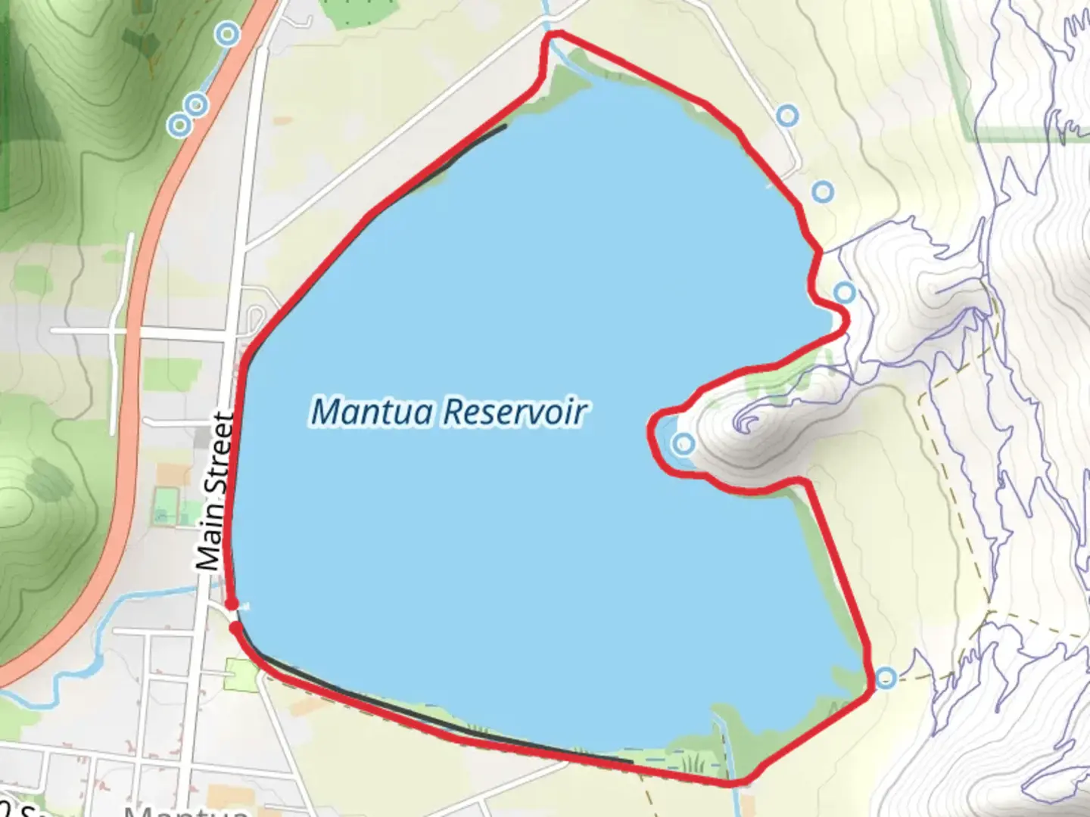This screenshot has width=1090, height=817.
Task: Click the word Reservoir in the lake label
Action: pos(515,412)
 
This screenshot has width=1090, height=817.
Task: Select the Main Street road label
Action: pos(215,492)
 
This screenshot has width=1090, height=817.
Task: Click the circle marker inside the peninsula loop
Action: pos(684,444)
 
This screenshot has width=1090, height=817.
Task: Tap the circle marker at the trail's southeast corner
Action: pos(886,678)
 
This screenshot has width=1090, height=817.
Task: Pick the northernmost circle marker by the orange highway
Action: pos(227,34)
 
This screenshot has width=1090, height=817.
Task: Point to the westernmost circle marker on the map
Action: pos(179,124)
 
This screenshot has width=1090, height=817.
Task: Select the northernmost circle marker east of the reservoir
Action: pos(788,116)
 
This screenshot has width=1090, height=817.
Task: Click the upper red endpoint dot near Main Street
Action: pos(232,604)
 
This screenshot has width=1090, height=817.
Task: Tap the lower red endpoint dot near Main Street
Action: pos(236,627)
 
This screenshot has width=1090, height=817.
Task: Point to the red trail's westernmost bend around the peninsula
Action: pos(652,439)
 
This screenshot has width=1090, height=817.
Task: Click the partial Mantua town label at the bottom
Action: pos(185,811)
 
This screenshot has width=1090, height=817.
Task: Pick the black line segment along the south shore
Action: pos(454,730)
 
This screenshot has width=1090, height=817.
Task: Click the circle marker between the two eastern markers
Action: pos(823,192)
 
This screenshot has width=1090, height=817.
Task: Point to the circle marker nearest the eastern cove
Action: pos(844,292)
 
